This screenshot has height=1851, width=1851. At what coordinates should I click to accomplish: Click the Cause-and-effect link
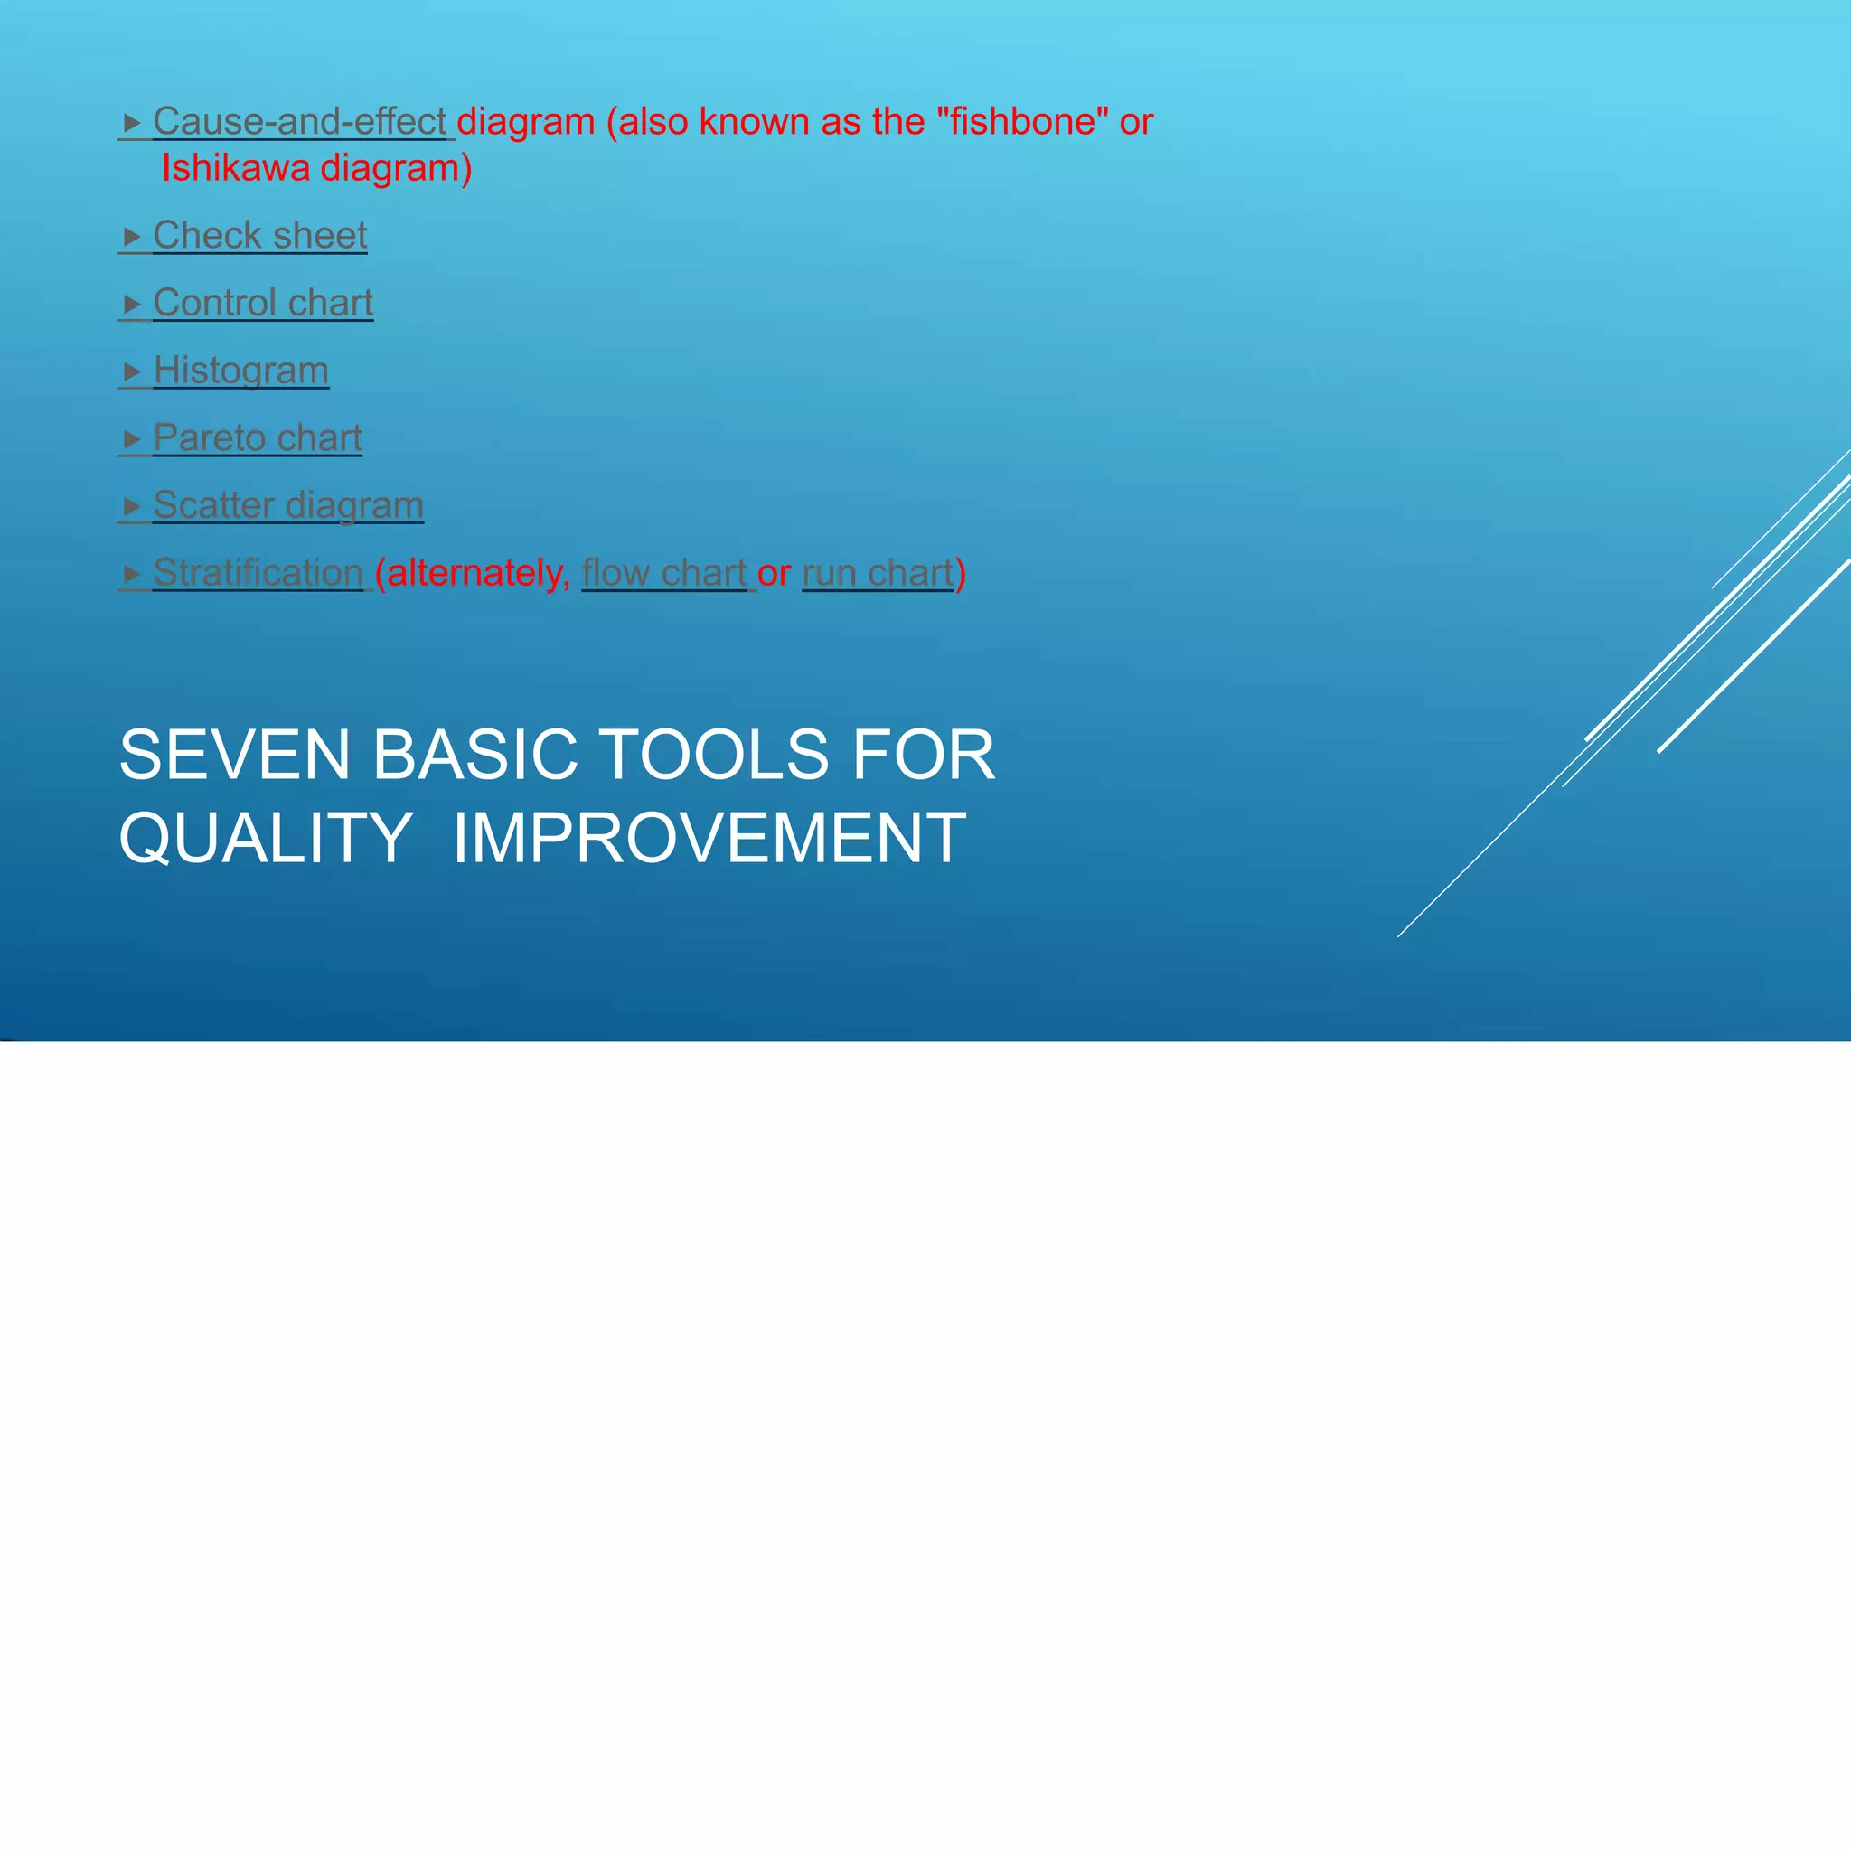coord(299,122)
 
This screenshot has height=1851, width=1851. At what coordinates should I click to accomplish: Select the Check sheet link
coord(259,236)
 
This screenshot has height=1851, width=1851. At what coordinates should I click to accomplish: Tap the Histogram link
coord(240,371)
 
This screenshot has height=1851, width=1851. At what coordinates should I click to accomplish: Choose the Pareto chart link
coord(257,437)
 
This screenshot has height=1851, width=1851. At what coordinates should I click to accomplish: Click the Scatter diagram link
coord(287,506)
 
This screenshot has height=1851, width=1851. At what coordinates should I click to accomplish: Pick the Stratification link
coord(258,573)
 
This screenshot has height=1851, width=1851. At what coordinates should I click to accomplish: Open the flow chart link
coord(663,573)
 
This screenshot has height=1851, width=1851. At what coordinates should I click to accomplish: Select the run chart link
coord(878,573)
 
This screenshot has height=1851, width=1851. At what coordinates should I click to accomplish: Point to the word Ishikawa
coord(236,169)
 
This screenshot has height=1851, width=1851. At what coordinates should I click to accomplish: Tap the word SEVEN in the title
coord(235,755)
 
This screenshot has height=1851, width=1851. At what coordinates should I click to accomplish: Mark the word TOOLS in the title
coord(715,755)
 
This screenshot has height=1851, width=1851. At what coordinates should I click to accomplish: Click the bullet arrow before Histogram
coord(132,371)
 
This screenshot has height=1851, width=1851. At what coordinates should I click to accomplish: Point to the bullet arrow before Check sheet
coord(132,237)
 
